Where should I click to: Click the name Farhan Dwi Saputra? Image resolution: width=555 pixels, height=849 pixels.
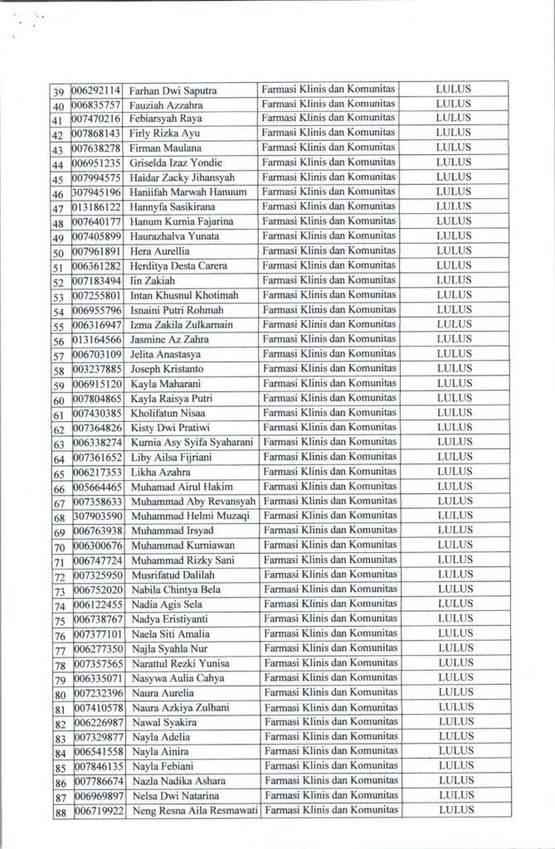[x=173, y=90]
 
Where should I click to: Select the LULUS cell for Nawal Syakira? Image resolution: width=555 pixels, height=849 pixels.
[x=453, y=722]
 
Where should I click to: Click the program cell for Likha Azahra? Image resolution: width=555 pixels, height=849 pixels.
[x=329, y=472]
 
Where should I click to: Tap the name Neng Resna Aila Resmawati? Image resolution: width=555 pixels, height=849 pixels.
[x=195, y=811]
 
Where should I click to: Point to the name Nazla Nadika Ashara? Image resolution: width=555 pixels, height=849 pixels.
[x=179, y=781]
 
